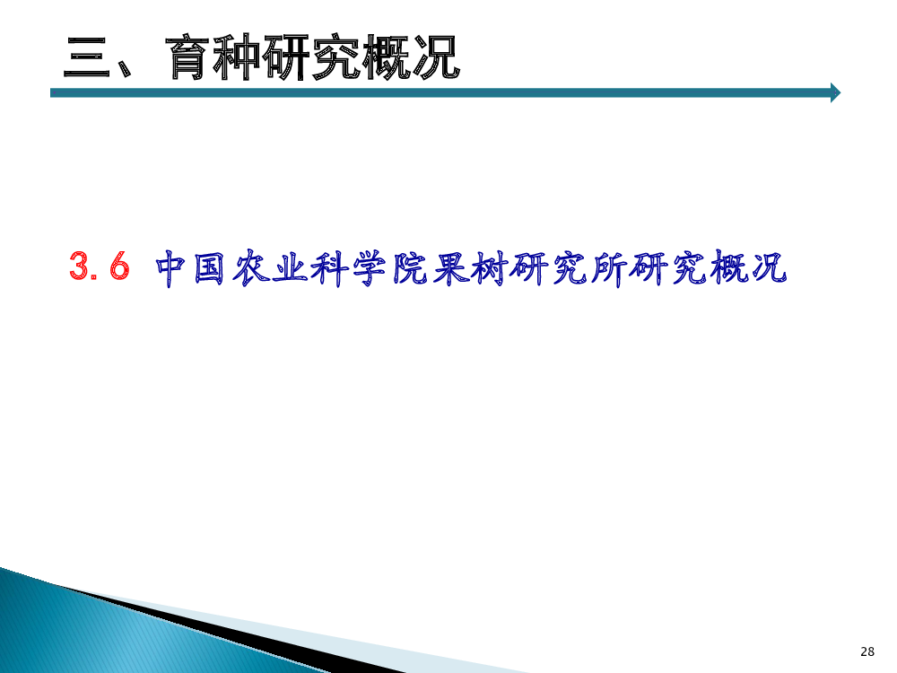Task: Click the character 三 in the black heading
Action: point(87,57)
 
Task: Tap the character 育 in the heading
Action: point(188,57)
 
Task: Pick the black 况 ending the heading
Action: point(435,57)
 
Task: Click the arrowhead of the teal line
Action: point(836,92)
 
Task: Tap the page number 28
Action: point(867,651)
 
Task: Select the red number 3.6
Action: point(100,266)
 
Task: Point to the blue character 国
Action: point(209,267)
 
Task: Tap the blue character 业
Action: point(289,267)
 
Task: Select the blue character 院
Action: point(409,267)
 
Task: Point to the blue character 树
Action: point(489,267)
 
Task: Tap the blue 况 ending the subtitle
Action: point(770,267)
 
